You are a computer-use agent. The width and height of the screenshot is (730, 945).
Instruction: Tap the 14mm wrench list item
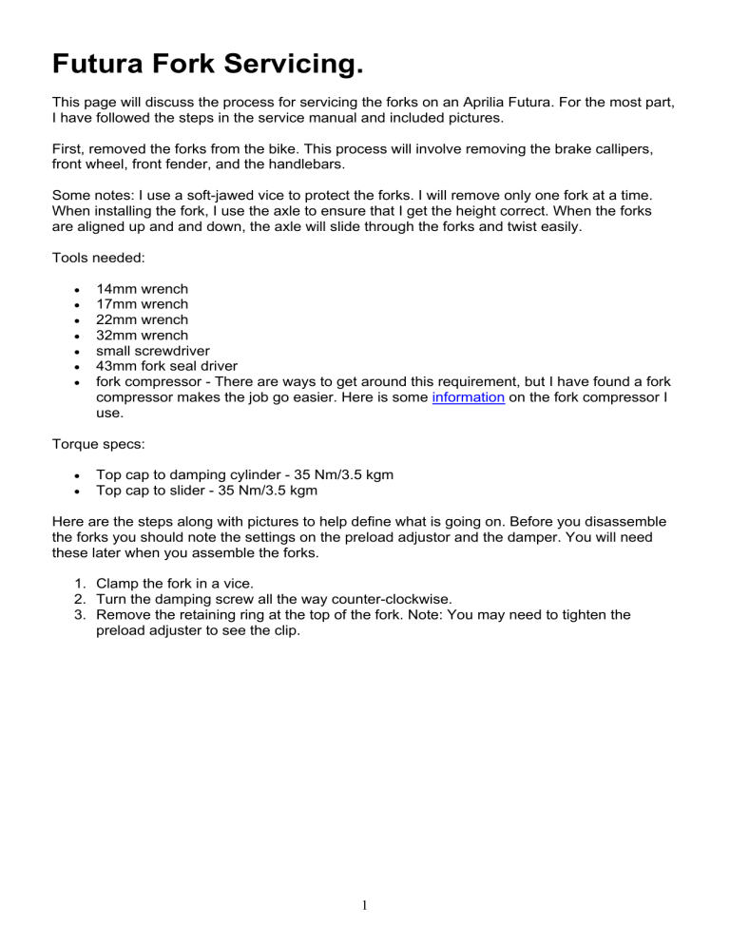[x=142, y=289]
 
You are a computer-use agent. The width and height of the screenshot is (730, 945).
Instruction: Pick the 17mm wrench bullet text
[x=142, y=304]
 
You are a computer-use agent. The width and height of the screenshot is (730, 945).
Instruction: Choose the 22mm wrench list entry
[x=142, y=319]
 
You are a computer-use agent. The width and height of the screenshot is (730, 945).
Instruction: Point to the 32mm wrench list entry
[x=142, y=335]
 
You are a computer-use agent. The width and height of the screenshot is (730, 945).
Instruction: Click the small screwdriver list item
[x=153, y=351]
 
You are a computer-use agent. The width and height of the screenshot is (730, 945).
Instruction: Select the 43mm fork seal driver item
[x=172, y=366]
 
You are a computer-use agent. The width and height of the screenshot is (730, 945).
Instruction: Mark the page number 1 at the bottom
[x=365, y=905]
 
